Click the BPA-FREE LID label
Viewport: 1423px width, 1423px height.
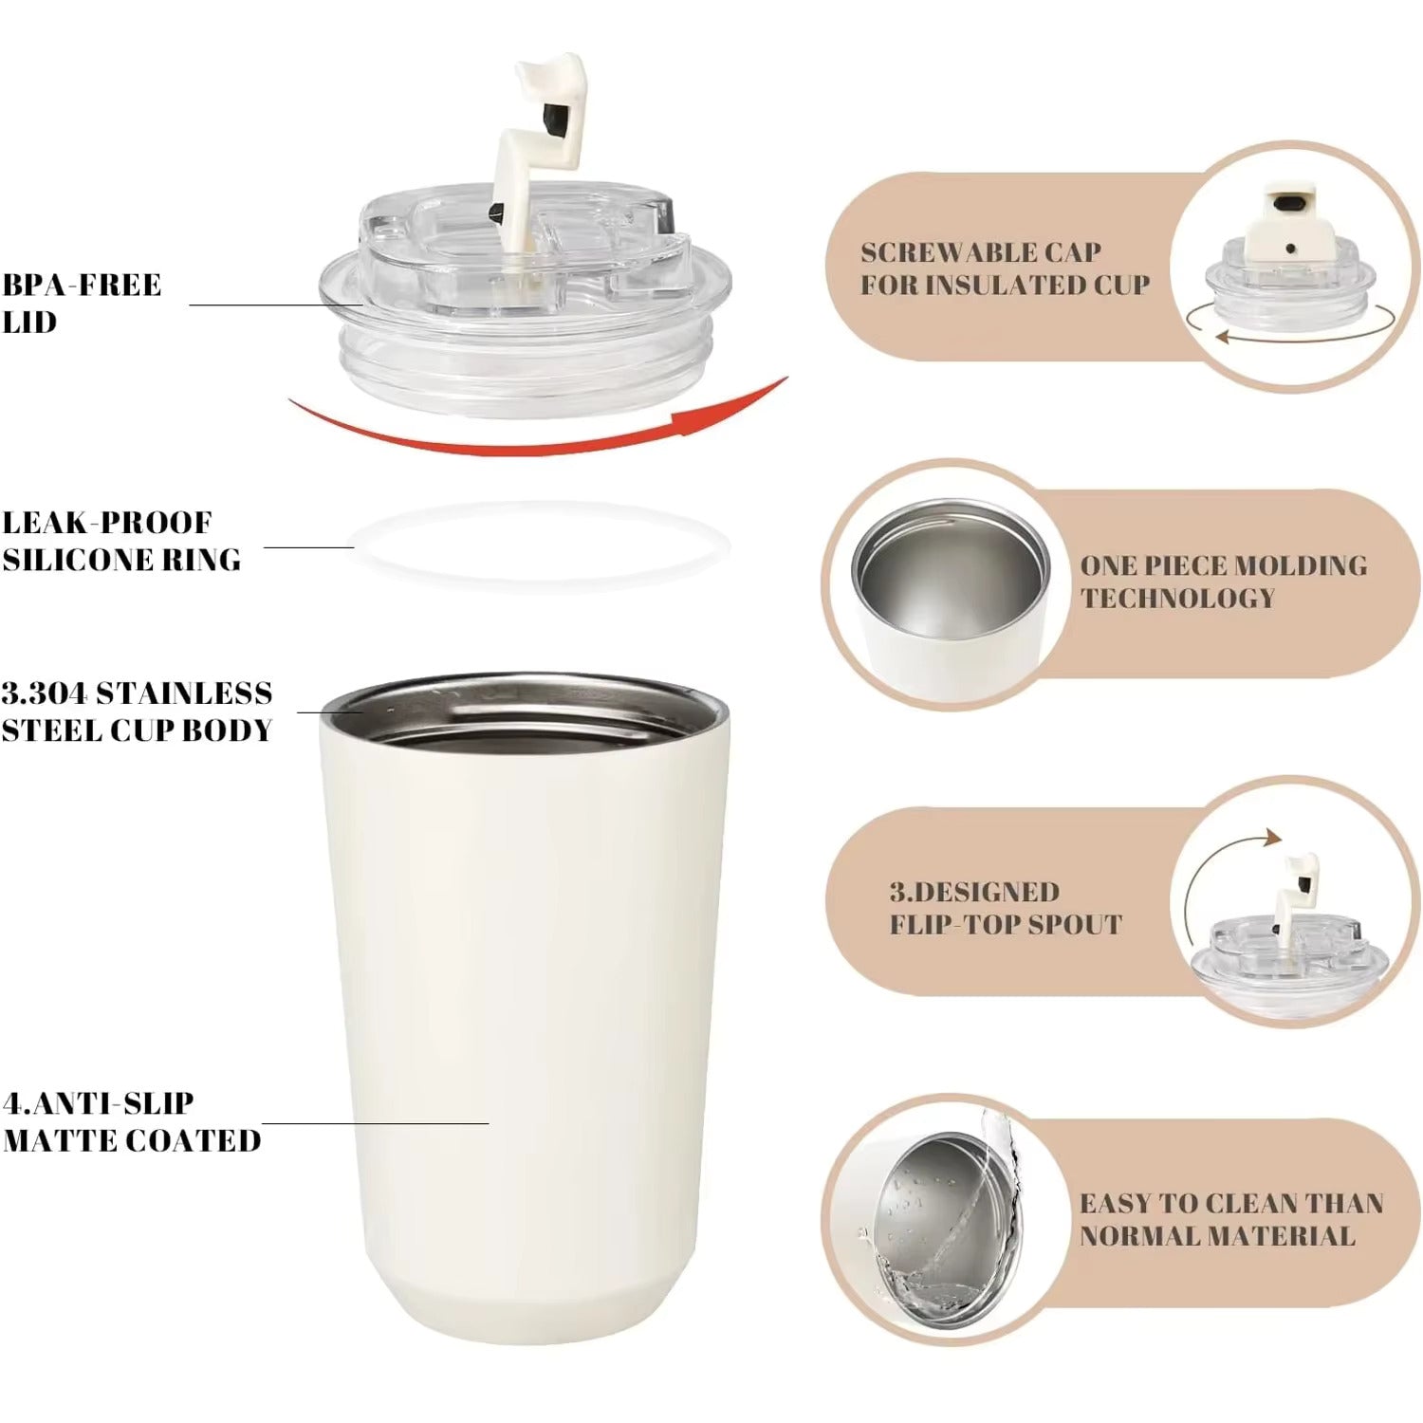(x=82, y=303)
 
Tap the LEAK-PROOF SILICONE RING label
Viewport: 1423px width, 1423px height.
(x=121, y=541)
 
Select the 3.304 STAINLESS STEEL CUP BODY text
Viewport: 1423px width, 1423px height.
(x=137, y=711)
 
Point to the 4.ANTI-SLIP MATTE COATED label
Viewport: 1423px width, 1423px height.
(x=131, y=1121)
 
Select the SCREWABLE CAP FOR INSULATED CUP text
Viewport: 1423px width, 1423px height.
(x=1004, y=268)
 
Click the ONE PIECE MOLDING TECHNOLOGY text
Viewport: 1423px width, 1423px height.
(x=1223, y=582)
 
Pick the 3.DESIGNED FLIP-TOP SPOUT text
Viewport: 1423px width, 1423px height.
(x=1004, y=908)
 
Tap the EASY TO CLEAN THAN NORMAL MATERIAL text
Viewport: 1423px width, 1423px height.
(x=1230, y=1219)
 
